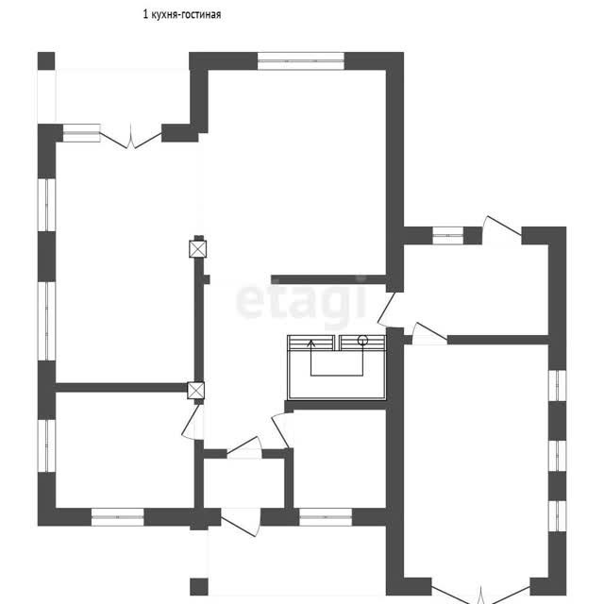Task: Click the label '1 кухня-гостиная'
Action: pos(182,15)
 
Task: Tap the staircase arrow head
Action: pos(310,343)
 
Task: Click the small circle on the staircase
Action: pos(362,340)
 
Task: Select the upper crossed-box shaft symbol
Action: pos(198,249)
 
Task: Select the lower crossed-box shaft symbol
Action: pos(195,390)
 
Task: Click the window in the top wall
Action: pos(300,60)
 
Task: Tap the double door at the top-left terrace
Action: pos(131,139)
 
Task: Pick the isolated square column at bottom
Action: pos(199,587)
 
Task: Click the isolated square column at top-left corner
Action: pos(46,60)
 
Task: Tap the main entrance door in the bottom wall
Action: pos(241,522)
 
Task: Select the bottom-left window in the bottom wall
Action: pos(117,517)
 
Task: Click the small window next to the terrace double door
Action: pos(82,133)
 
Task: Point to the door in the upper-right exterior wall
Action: pos(502,230)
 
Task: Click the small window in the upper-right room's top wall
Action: pos(447,235)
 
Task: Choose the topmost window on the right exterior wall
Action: pos(558,386)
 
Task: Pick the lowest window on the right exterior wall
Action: pos(558,516)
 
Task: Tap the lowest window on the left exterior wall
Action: pos(46,445)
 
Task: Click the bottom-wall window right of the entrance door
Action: pos(326,517)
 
